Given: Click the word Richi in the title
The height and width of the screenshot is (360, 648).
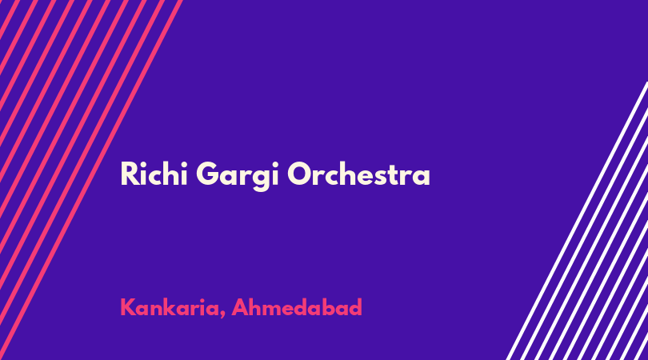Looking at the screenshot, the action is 154,174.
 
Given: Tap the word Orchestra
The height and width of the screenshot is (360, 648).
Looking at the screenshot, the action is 358,174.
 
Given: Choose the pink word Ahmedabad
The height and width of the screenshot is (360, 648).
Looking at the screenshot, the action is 297,307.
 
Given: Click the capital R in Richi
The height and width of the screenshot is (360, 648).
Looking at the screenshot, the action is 128,174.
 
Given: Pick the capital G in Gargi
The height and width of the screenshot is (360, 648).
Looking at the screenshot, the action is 206,174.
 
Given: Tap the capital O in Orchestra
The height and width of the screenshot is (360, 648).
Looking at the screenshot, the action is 299,174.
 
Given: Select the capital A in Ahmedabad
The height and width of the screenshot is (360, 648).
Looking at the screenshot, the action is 240,307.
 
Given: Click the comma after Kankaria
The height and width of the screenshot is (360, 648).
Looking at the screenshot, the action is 222,315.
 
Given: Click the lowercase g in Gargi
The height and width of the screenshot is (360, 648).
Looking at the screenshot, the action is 260,180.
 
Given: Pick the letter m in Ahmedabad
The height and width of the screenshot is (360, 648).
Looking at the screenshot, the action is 275,310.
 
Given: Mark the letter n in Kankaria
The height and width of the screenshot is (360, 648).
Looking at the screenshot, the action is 159,310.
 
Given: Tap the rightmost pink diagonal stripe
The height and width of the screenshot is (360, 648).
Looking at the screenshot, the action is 90,180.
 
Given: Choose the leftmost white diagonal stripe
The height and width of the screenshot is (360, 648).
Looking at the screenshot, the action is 577,220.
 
